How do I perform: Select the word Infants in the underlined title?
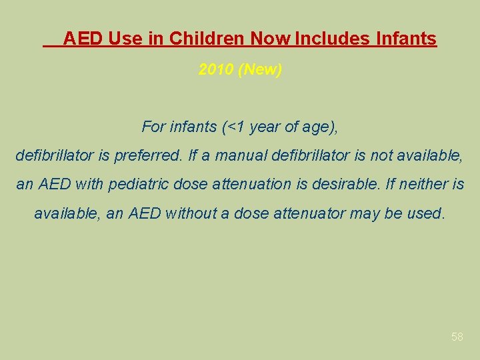click(406, 39)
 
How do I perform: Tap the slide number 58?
click(457, 337)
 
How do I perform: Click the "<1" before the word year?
click(237, 126)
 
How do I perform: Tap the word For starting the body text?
click(153, 126)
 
